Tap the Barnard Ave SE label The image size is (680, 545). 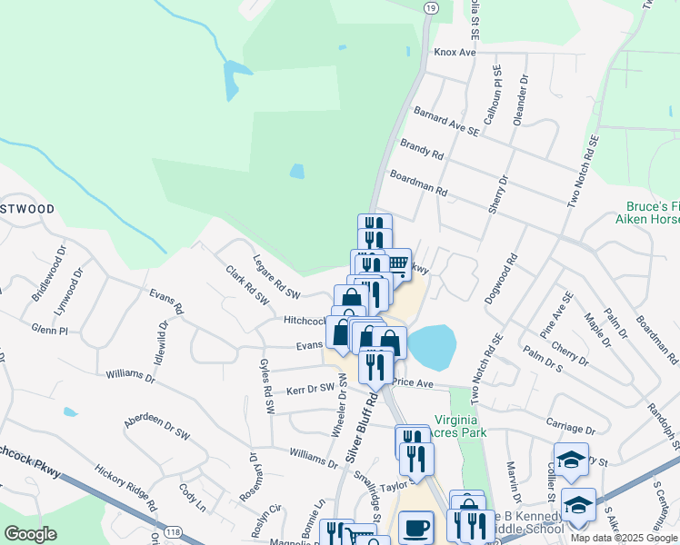[x=445, y=121]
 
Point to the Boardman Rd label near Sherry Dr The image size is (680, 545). [x=418, y=183]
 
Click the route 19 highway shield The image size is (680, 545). [x=430, y=6]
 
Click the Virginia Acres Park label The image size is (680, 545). [x=460, y=426]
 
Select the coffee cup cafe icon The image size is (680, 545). [x=416, y=527]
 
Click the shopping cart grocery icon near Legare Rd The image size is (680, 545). [x=396, y=263]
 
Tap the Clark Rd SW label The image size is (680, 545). [x=247, y=283]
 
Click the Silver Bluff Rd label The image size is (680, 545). [x=361, y=428]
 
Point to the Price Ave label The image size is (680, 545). [x=413, y=383]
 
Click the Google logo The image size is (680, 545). [x=30, y=534]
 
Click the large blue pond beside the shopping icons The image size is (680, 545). [x=430, y=347]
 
